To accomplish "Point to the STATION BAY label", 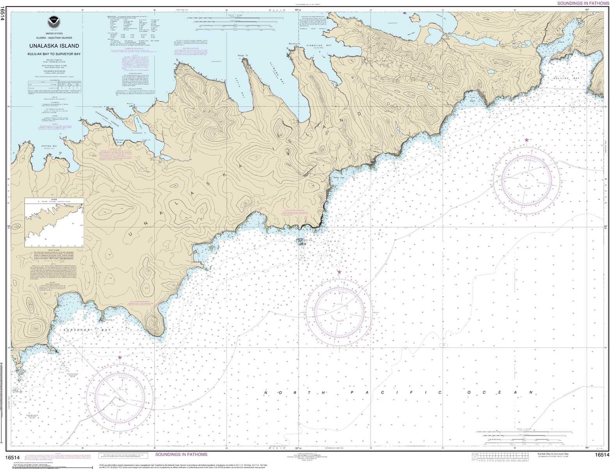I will click(50, 146).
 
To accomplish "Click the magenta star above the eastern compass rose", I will click(526, 140).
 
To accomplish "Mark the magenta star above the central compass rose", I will click(339, 272).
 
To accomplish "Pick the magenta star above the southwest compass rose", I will click(120, 357).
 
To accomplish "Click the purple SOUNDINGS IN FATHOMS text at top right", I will click(583, 3).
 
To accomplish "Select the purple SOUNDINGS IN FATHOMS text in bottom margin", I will click(181, 455).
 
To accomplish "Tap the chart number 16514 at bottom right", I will click(601, 455).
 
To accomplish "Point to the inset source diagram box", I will click(54, 222).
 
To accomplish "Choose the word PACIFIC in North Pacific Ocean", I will click(396, 392).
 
